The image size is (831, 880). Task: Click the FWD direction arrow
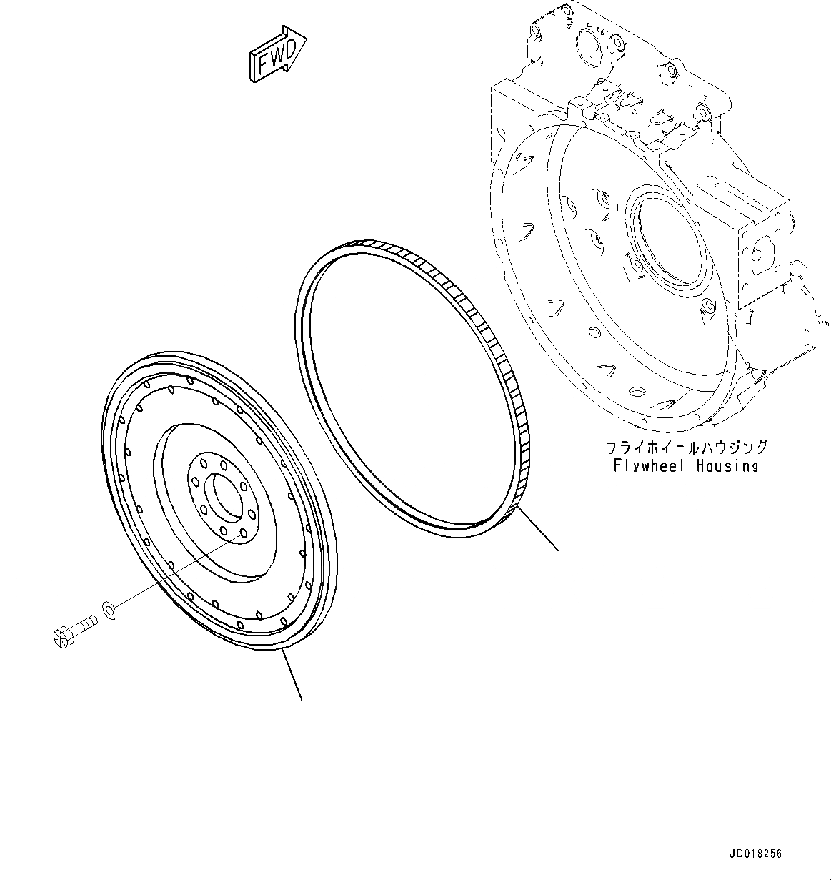click(277, 56)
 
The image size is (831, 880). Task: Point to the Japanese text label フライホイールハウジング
click(687, 448)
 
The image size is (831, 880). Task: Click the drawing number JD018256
click(756, 854)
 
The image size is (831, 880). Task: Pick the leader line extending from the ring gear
click(538, 529)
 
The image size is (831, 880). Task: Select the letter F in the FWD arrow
click(263, 65)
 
